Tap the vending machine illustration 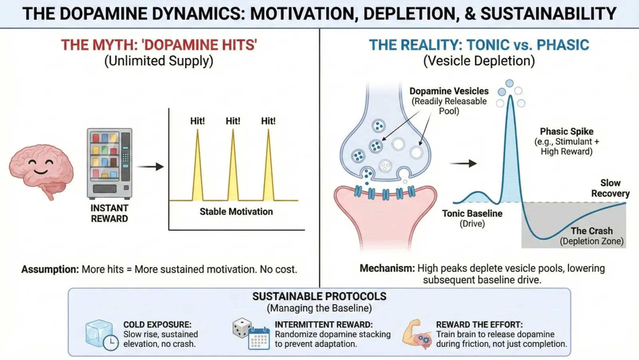tap(109, 163)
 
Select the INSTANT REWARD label tap(109, 213)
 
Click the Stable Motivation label tap(236, 212)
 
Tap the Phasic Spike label tap(566, 131)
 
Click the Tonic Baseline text tap(472, 214)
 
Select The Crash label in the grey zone tap(591, 231)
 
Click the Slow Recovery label tap(610, 188)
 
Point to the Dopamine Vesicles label tap(449, 91)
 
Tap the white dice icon tap(242, 328)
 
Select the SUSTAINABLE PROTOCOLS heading tap(319, 296)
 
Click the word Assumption tap(50, 270)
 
